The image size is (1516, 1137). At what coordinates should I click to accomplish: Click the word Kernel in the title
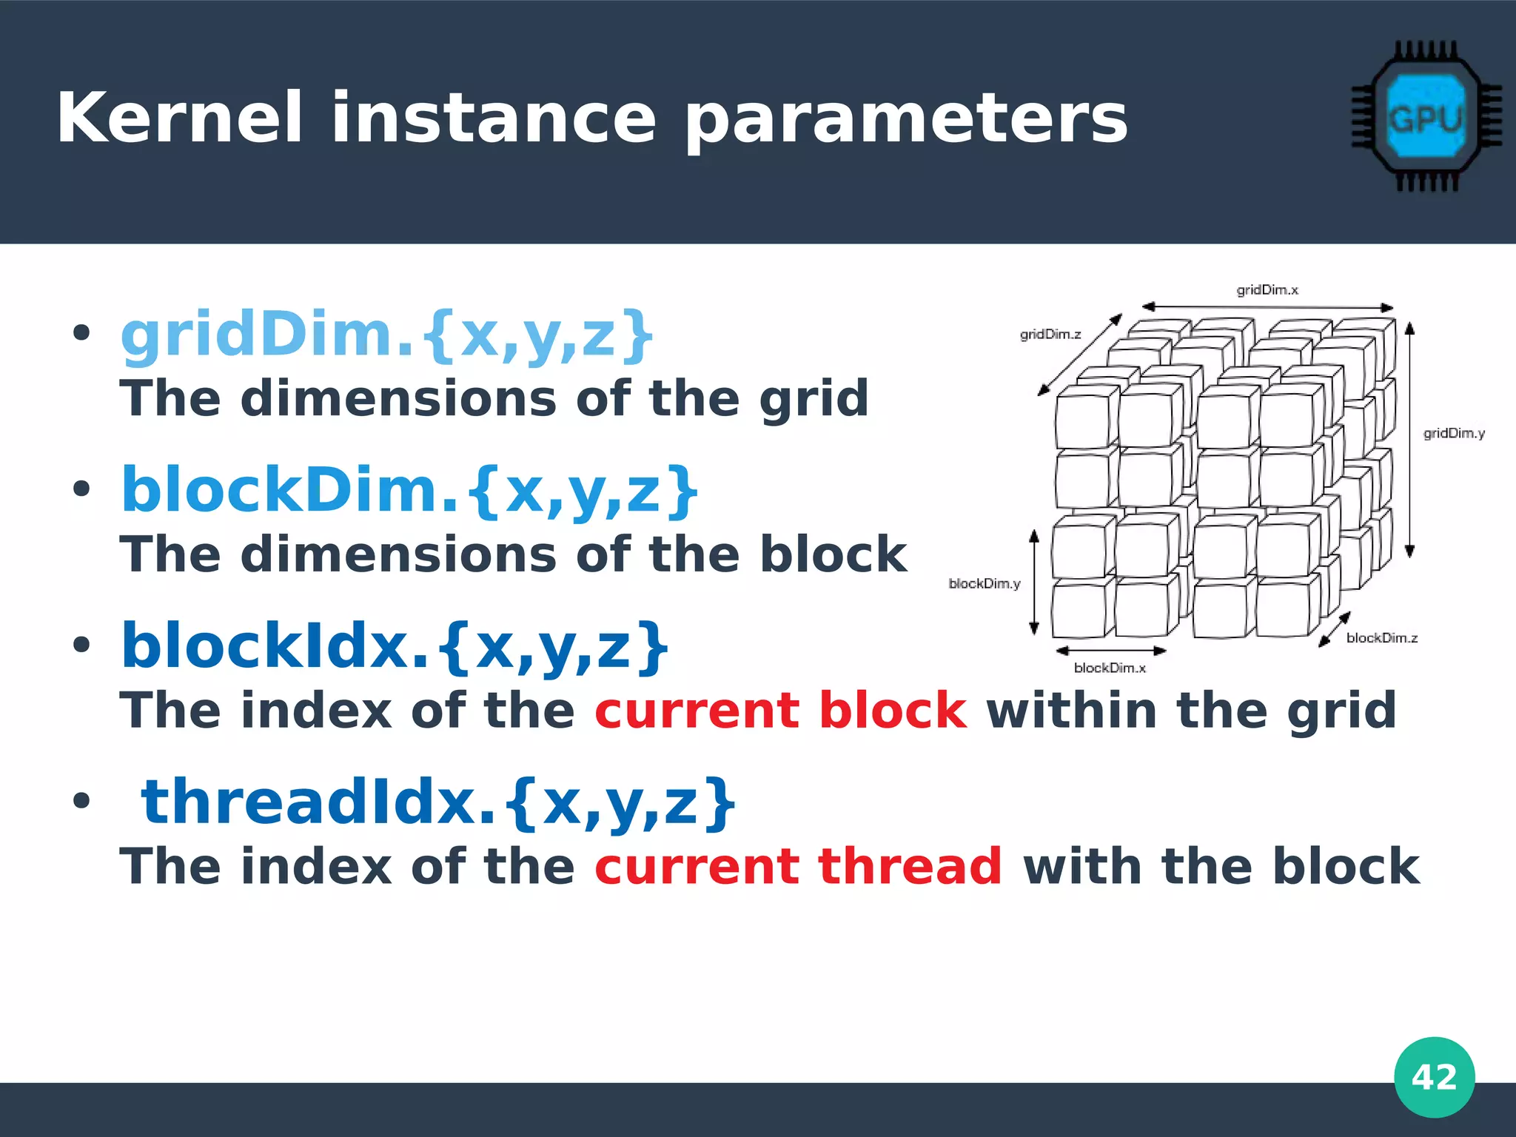click(179, 118)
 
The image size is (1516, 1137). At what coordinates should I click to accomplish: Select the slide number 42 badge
click(1434, 1077)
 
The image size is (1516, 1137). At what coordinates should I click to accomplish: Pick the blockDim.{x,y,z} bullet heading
click(409, 492)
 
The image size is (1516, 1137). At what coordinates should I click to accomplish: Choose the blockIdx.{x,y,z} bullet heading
click(395, 647)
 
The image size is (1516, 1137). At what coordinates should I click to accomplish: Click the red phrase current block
click(780, 711)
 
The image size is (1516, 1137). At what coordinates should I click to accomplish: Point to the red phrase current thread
click(798, 867)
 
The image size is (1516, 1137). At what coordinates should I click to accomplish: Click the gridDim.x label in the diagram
click(1267, 290)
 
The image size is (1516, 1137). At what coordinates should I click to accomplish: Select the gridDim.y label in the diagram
click(1454, 434)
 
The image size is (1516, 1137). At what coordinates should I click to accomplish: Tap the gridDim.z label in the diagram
click(1050, 335)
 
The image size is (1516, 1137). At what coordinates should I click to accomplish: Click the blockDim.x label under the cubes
click(1110, 668)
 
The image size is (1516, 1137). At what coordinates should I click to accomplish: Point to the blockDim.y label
click(985, 584)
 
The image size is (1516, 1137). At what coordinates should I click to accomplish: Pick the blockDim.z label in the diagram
click(1381, 638)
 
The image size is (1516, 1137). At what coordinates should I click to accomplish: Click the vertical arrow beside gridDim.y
click(1409, 440)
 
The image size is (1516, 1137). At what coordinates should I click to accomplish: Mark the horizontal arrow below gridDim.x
click(1267, 307)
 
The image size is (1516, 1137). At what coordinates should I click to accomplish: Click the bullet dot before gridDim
click(81, 334)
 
